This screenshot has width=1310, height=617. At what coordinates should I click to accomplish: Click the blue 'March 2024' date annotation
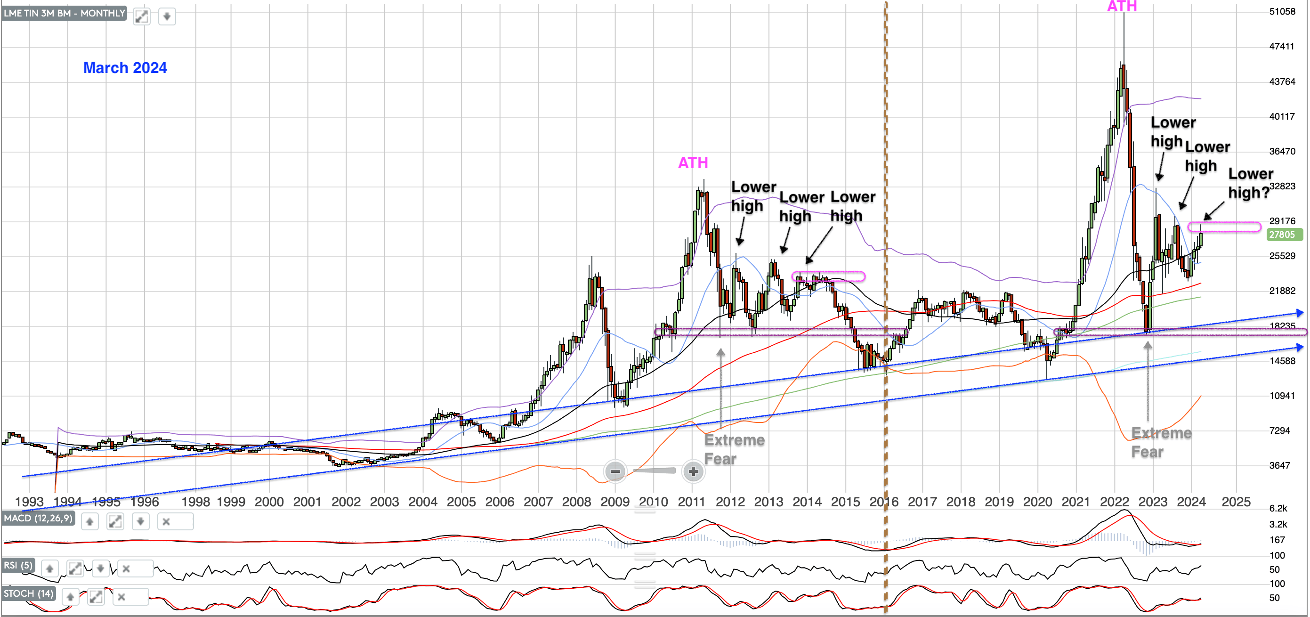[x=125, y=68]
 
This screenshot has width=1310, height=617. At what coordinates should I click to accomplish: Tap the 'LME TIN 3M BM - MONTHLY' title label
[x=64, y=13]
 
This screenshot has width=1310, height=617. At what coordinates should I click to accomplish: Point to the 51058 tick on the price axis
[x=1282, y=12]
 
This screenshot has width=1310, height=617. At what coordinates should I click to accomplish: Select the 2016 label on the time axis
[x=883, y=502]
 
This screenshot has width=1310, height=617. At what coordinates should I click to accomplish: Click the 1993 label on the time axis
[x=29, y=502]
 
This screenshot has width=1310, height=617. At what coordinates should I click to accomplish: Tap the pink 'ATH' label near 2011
[x=693, y=163]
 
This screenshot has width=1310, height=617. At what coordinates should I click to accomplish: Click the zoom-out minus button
[x=615, y=471]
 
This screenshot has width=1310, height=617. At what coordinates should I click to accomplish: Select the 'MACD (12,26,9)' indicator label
[x=38, y=518]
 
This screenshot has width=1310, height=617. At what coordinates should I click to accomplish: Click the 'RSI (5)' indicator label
[x=18, y=565]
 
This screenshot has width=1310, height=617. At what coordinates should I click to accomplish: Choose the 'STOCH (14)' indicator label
[x=28, y=593]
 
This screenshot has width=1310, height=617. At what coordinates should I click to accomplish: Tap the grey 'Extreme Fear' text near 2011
[x=734, y=449]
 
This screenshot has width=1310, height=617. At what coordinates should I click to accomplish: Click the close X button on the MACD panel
[x=166, y=521]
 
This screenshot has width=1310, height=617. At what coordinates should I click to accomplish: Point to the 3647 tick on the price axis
[x=1279, y=465]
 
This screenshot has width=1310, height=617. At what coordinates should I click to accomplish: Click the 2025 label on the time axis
[x=1236, y=502]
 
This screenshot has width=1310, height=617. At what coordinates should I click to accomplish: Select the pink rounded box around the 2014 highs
[x=828, y=276]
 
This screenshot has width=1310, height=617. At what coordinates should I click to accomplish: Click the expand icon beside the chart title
[x=141, y=16]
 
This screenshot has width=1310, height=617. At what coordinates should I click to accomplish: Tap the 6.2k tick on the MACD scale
[x=1278, y=508]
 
